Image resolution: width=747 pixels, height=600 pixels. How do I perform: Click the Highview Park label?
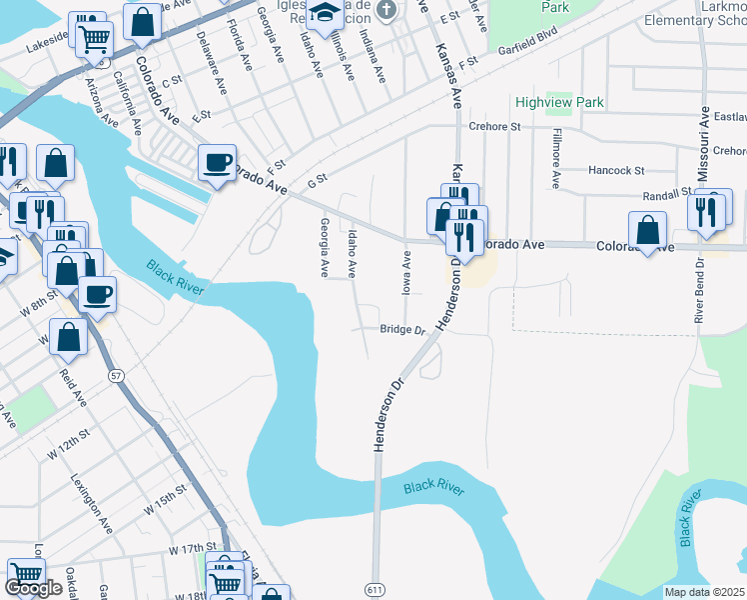(x=560, y=102)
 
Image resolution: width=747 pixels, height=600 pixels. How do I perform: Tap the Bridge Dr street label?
(x=402, y=330)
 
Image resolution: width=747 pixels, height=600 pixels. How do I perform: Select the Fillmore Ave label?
(x=555, y=158)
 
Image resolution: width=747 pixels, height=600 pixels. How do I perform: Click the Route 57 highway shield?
(x=117, y=375)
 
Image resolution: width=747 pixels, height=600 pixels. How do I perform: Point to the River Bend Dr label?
(x=698, y=289)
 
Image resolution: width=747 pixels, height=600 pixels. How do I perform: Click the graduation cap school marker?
(x=324, y=12)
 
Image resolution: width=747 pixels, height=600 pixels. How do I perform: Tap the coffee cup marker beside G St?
(x=217, y=162)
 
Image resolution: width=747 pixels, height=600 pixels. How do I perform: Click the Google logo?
(x=33, y=588)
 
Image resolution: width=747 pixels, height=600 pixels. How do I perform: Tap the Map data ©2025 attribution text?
(x=704, y=592)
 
